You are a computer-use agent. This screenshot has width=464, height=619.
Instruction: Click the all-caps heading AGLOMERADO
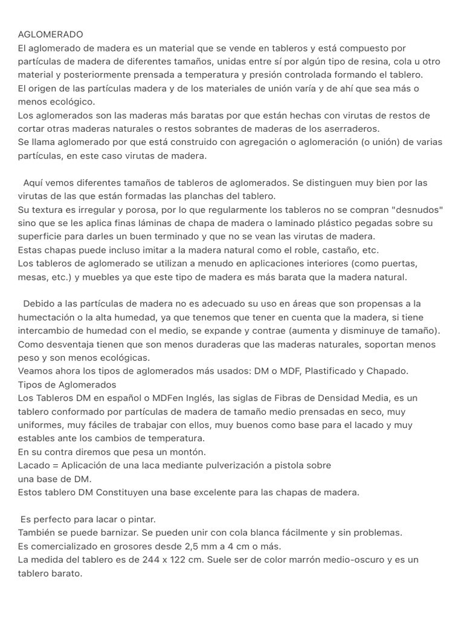[x=51, y=34]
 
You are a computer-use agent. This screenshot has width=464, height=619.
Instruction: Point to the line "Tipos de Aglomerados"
[x=67, y=384]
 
